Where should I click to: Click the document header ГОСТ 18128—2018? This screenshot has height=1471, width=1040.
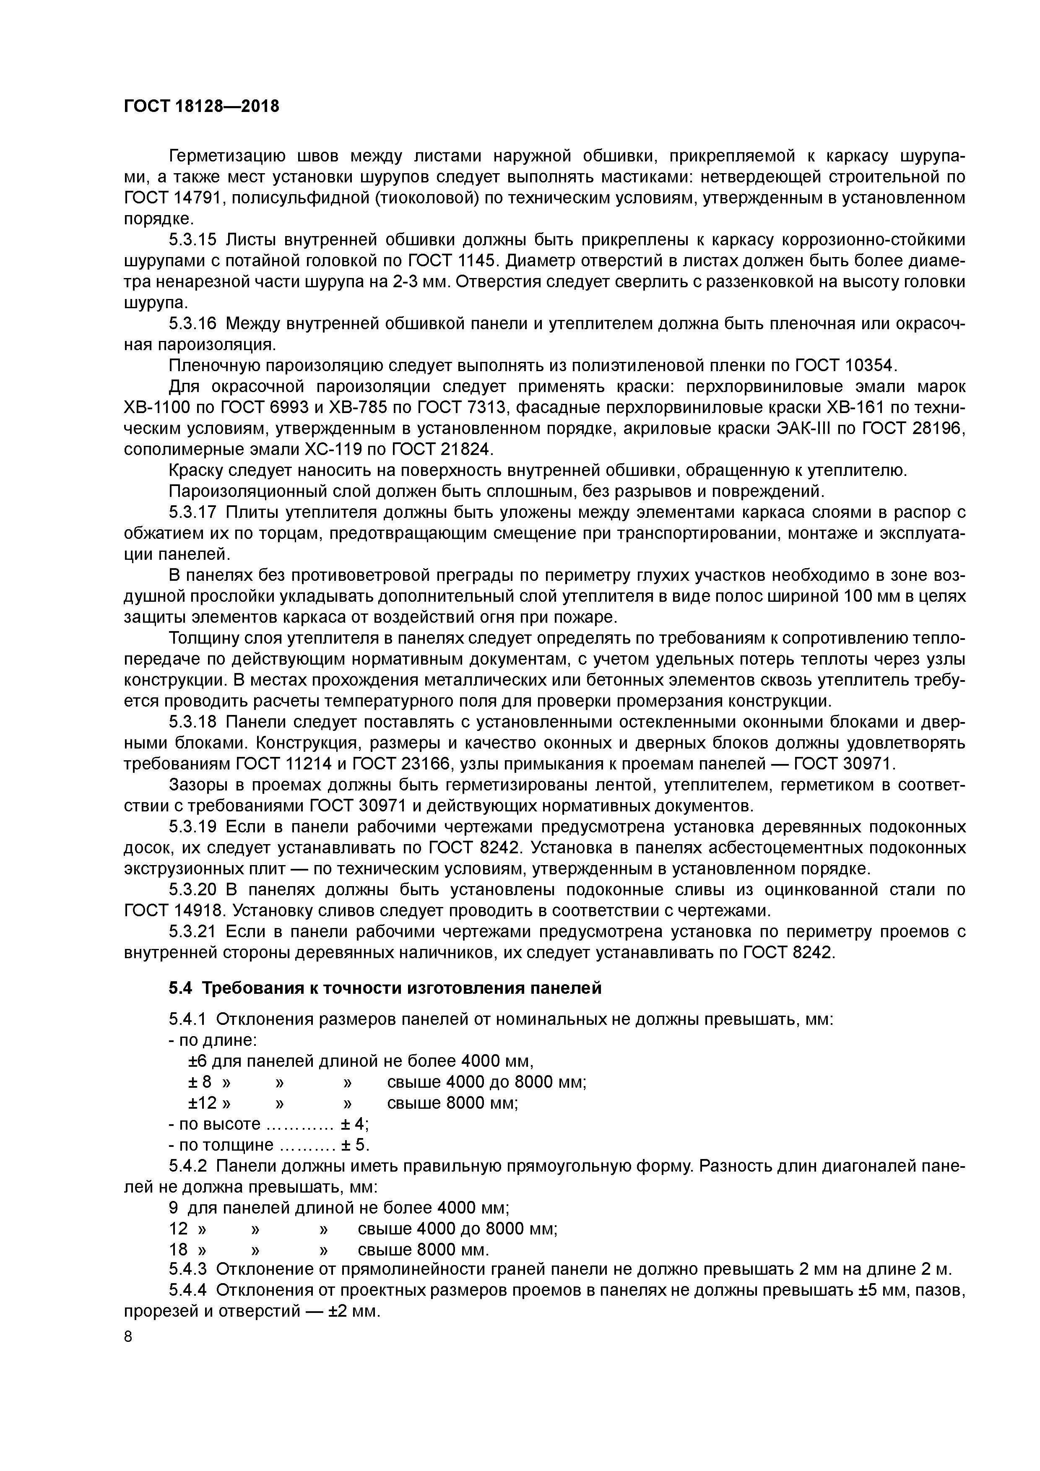[201, 107]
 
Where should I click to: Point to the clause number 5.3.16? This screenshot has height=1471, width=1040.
[193, 324]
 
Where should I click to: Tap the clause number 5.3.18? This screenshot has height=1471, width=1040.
[193, 722]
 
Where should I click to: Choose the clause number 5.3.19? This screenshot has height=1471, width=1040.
[193, 827]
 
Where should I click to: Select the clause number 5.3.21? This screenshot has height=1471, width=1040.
[193, 932]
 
